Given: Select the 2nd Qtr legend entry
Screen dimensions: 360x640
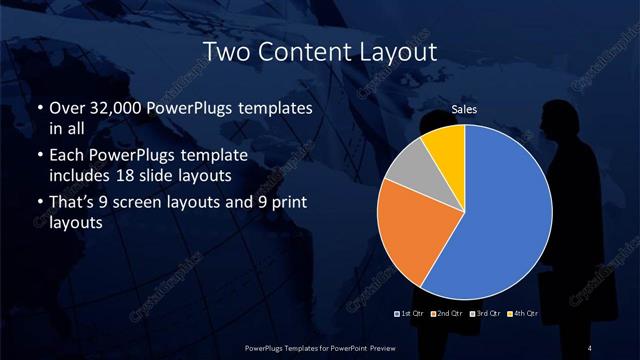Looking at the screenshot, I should click(x=448, y=315).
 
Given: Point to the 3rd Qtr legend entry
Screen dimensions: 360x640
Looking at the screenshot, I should click(x=485, y=315).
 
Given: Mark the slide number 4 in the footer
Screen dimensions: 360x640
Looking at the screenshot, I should click(x=591, y=346).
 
